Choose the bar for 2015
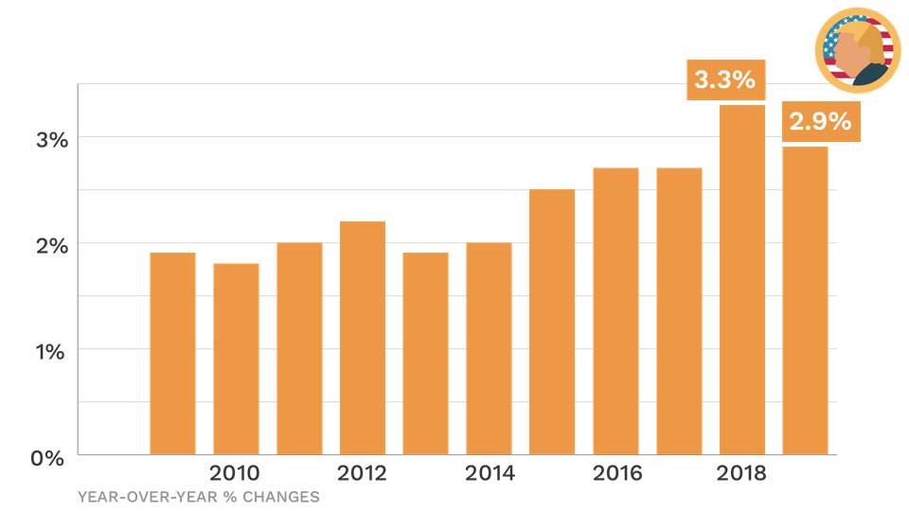tap(552, 321)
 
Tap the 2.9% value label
tap(820, 121)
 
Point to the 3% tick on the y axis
tap(52, 139)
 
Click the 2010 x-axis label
tap(236, 473)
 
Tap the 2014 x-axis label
tap(489, 473)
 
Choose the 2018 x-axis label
tap(742, 473)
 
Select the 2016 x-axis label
tap(615, 473)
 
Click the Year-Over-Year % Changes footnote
tap(198, 496)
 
